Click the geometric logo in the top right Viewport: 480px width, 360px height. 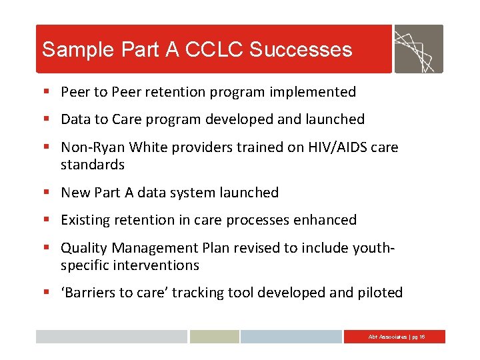(x=418, y=49)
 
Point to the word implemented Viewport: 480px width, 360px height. (x=316, y=92)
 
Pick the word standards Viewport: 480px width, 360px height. (x=93, y=164)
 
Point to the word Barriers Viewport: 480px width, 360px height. (x=91, y=293)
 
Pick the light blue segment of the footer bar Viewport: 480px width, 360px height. (x=291, y=337)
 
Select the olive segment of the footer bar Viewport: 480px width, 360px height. (x=214, y=337)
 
